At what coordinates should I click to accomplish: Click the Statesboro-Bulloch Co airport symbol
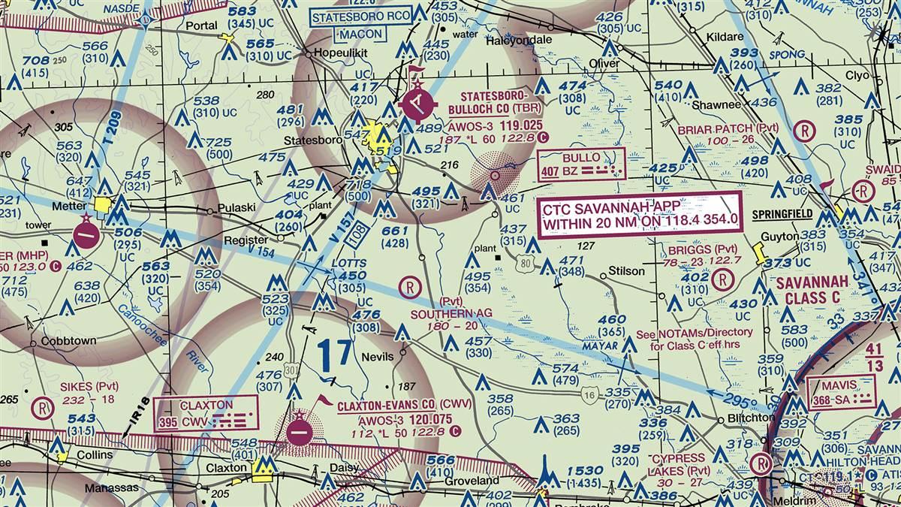click(x=414, y=102)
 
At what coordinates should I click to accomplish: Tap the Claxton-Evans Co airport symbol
click(x=300, y=431)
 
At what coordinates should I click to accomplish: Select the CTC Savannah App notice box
click(x=640, y=211)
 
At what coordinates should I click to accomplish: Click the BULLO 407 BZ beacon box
click(x=581, y=164)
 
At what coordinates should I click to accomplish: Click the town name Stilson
click(x=626, y=270)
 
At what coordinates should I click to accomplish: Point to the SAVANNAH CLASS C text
click(x=811, y=289)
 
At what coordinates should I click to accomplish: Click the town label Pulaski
click(x=237, y=207)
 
